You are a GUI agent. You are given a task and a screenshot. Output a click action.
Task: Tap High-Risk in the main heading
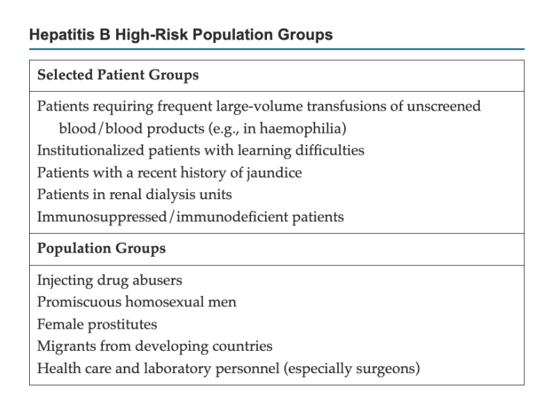pos(152,35)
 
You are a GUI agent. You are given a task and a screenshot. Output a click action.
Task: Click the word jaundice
pos(274,173)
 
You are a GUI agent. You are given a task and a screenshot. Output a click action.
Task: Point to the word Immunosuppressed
pos(102,217)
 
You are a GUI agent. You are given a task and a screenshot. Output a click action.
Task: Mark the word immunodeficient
pos(232,217)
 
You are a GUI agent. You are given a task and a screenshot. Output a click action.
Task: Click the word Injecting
pos(65,281)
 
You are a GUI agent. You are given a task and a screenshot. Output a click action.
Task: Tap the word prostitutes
pos(122,324)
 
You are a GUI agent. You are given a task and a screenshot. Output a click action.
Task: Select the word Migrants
pos(66,347)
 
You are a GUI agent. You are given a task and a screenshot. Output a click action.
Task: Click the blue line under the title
pos(277,49)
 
